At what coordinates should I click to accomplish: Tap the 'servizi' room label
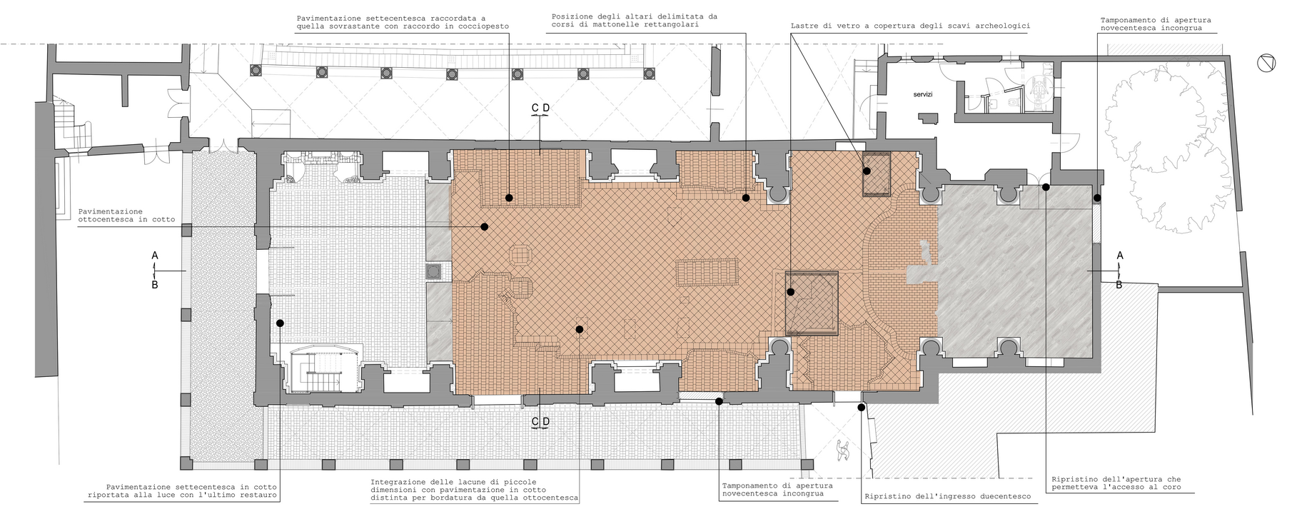click(923, 94)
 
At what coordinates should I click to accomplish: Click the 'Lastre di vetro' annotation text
click(910, 26)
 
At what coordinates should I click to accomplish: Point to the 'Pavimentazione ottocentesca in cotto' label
click(111, 216)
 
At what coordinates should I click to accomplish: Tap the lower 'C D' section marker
click(540, 421)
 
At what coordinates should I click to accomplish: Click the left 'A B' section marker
click(155, 270)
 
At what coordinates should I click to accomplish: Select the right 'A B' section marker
click(1119, 270)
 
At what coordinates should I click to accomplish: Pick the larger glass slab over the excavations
click(812, 303)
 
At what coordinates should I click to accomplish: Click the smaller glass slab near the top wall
click(877, 173)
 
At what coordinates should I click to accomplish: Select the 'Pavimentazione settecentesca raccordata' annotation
click(403, 21)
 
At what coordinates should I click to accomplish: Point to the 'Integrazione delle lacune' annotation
click(475, 489)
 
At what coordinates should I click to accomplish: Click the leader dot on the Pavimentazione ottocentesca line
click(484, 226)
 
